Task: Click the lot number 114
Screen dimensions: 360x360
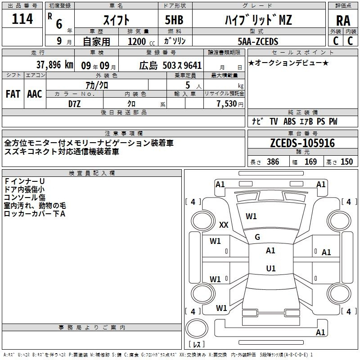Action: [22, 19]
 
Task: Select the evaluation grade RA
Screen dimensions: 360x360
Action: [343, 21]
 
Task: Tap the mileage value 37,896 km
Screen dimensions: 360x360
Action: [55, 65]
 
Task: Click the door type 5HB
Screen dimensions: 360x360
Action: [174, 20]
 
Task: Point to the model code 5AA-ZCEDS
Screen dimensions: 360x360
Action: [258, 41]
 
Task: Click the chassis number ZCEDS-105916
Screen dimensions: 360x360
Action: [302, 143]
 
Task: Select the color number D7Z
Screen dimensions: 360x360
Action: [74, 104]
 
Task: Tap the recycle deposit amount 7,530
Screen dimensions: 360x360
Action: [227, 103]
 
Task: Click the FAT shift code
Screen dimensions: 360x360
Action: [13, 94]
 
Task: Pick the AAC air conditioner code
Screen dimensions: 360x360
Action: [35, 94]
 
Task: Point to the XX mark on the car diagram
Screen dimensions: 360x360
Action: [224, 225]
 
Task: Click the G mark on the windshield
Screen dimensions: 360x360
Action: [257, 237]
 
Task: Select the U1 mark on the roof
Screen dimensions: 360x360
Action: [271, 268]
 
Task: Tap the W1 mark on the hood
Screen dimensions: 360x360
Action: [251, 216]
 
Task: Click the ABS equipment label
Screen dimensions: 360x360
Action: [289, 121]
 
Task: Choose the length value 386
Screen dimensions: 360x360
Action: [273, 162]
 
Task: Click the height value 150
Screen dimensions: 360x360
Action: [346, 162]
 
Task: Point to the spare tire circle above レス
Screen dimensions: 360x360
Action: [197, 328]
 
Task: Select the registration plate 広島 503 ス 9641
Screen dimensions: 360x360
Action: [171, 65]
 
